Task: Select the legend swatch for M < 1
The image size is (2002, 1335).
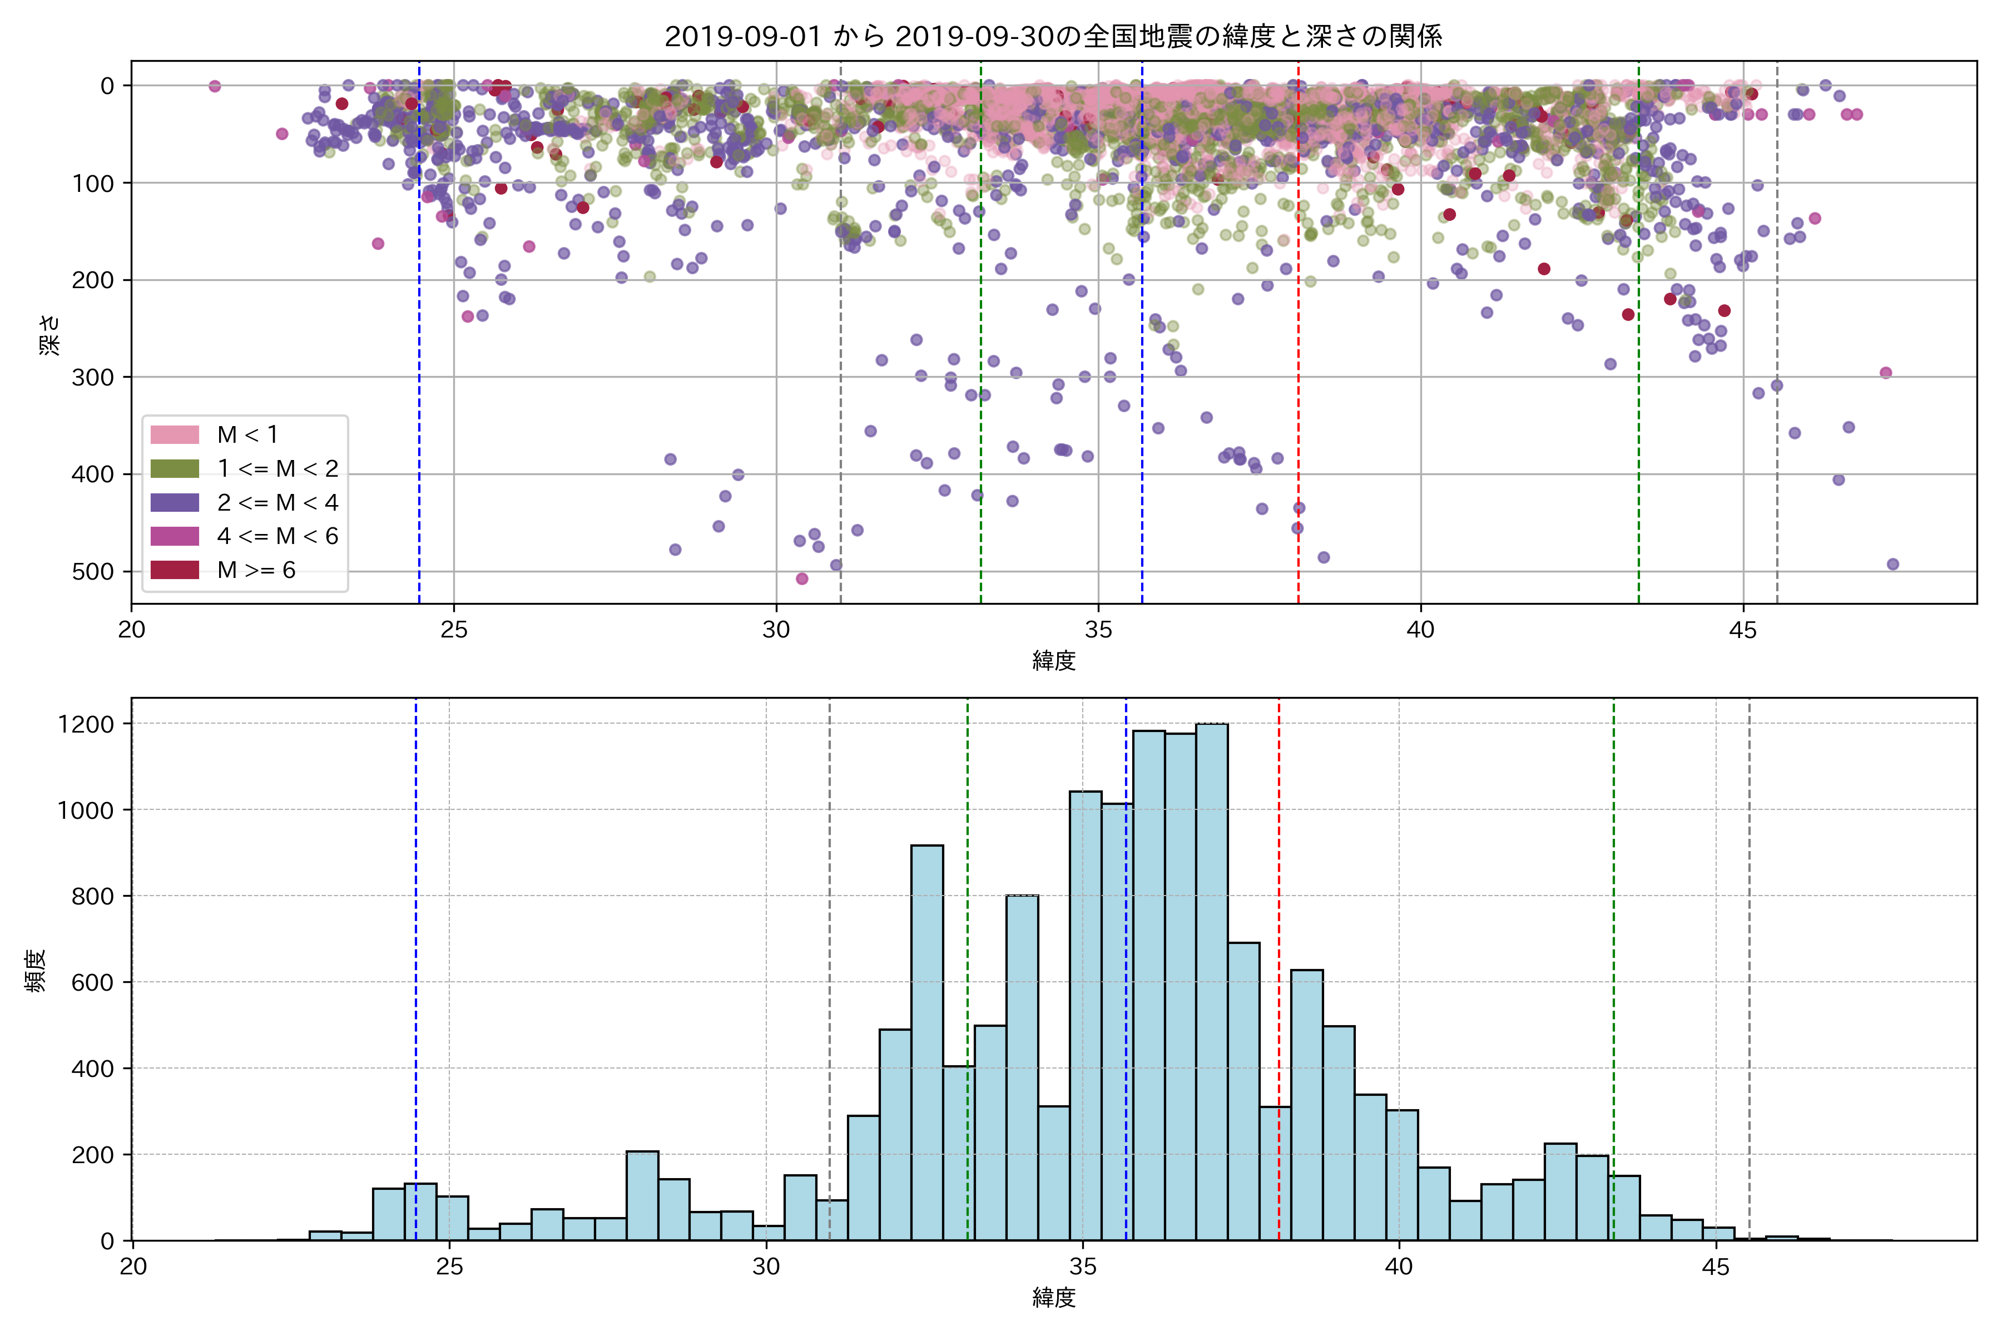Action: (x=175, y=434)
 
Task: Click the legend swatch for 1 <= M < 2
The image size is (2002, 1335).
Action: (x=175, y=468)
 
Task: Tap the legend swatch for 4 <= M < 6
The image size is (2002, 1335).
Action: (x=175, y=536)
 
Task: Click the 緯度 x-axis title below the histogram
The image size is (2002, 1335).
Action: (x=1054, y=1298)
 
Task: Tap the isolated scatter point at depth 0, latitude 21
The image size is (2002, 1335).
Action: (x=215, y=86)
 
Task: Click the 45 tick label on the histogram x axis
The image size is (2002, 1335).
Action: (x=1715, y=1267)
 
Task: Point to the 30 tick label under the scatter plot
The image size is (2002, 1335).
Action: (x=775, y=630)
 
